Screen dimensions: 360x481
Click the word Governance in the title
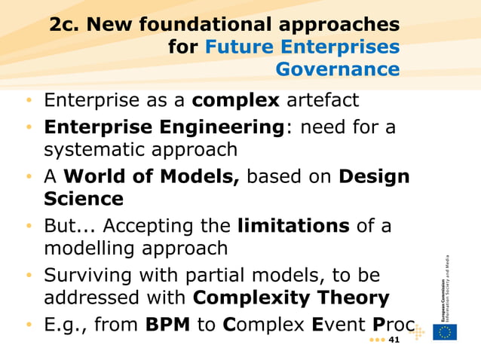click(338, 70)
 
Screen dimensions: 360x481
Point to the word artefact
click(323, 100)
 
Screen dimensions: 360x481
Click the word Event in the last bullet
click(339, 325)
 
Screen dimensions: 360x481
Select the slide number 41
click(392, 340)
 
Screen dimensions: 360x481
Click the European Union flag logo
click(445, 332)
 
